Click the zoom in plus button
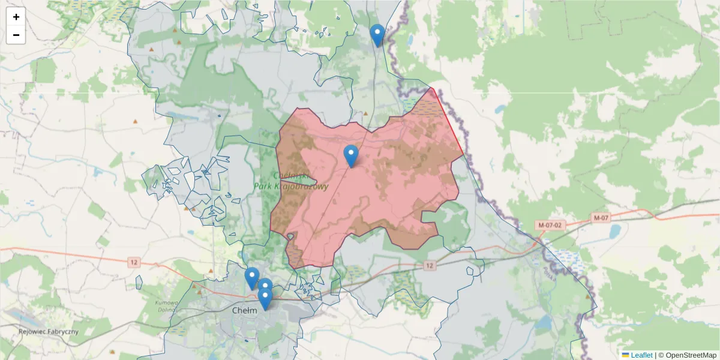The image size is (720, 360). pyautogui.click(x=16, y=17)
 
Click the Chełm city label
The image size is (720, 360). pyautogui.click(x=244, y=310)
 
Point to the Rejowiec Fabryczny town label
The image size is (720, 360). pyautogui.click(x=48, y=332)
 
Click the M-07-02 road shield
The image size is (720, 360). pyautogui.click(x=550, y=225)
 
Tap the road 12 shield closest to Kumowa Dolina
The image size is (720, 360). pyautogui.click(x=133, y=262)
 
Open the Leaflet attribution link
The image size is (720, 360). pyautogui.click(x=641, y=355)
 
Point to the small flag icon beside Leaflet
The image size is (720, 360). pyautogui.click(x=626, y=355)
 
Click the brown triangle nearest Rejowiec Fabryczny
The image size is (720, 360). pyautogui.click(x=111, y=352)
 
